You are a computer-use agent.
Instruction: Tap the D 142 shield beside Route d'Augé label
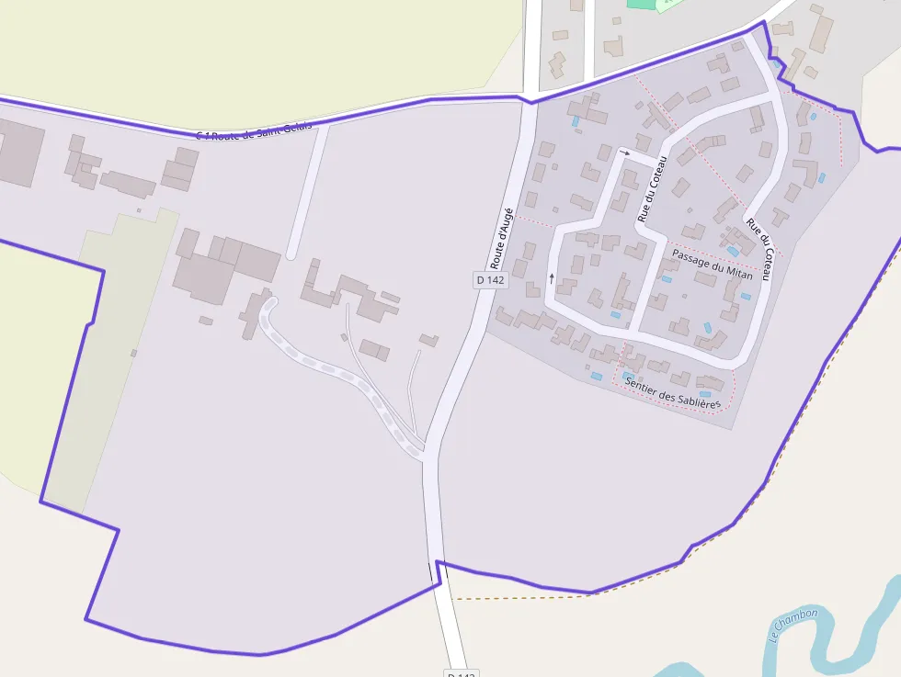(491, 279)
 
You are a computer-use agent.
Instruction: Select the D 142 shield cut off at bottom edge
(462, 673)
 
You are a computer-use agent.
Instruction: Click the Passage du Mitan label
(713, 265)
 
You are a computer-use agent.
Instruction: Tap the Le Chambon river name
(794, 626)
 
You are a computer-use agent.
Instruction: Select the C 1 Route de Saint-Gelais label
(254, 130)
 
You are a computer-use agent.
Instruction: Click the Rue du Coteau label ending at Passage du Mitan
(758, 249)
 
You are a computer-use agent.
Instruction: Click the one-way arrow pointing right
(625, 152)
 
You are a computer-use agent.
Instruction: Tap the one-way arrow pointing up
(552, 276)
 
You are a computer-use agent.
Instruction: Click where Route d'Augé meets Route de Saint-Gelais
(530, 101)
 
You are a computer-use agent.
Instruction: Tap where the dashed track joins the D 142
(424, 453)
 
